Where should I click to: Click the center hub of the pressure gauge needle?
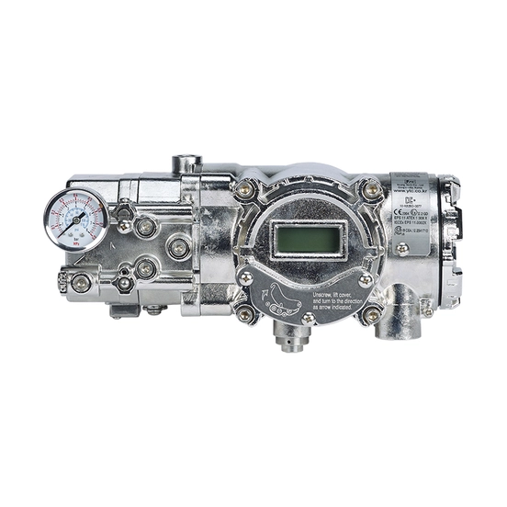[x=76, y=220]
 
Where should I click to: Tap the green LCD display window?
[x=304, y=241]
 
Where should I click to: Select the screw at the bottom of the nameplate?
[x=402, y=248]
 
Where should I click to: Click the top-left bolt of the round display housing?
[x=244, y=190]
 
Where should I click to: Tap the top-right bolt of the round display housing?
[x=370, y=191]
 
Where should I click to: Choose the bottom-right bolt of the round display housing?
[x=370, y=314]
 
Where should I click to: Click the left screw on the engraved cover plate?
[x=246, y=276]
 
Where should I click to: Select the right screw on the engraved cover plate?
[x=366, y=277]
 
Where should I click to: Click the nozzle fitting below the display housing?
[x=291, y=340]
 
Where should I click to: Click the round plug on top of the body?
[x=187, y=163]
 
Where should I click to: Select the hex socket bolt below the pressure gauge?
[x=81, y=282]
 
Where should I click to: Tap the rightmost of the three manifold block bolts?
[x=179, y=246]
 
